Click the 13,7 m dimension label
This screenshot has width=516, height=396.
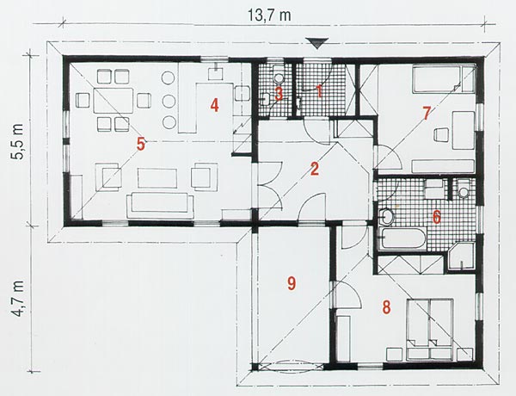pos(269,15)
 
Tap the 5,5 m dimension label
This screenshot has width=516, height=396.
pos(17,142)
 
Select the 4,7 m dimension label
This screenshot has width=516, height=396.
pos(17,299)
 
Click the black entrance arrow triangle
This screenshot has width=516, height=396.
pos(316,43)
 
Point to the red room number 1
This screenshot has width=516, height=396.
pos(318,91)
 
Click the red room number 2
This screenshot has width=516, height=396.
pos(315,169)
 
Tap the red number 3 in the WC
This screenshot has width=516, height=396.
pos(279,94)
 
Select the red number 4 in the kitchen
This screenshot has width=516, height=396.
pos(214,106)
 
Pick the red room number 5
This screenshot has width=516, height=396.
pos(141,145)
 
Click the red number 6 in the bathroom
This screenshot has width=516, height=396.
pos(436,218)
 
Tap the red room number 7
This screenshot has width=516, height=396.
pos(427,114)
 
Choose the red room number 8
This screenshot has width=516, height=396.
pos(386,307)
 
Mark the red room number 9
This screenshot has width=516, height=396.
pos(292,284)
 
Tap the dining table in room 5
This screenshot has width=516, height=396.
pos(114,100)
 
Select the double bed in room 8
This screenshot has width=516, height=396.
pos(430,330)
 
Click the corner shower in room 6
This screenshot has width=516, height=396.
pos(461,257)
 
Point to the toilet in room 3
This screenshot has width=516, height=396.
pos(279,76)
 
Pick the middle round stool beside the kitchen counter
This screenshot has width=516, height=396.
pos(169,100)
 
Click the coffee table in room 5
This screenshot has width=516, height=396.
pos(157,178)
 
